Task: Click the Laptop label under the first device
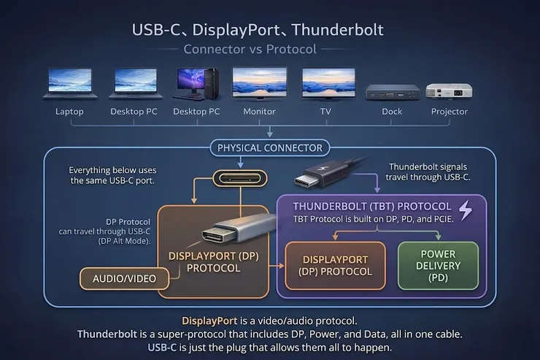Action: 70,112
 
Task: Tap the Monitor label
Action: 259,112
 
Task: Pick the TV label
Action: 325,112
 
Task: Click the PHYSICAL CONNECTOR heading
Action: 270,148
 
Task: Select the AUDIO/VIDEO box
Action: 123,278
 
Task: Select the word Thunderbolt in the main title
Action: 339,31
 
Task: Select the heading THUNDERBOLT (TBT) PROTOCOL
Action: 371,207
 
